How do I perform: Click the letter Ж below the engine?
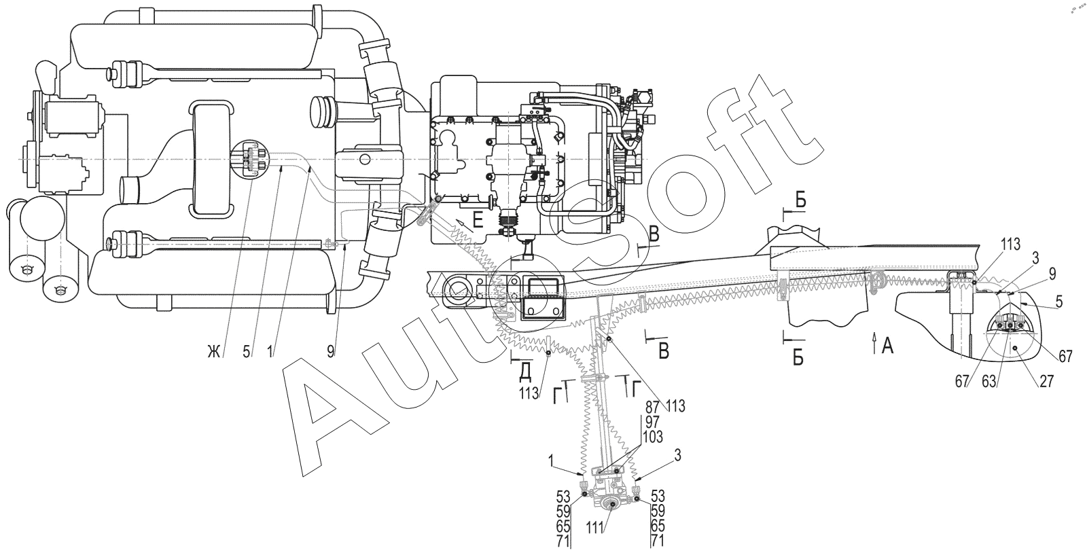click(x=213, y=352)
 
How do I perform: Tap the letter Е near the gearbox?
click(x=478, y=221)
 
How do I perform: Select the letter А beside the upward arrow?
click(x=887, y=346)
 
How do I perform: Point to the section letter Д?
click(x=524, y=373)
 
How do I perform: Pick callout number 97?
click(x=653, y=421)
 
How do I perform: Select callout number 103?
click(x=653, y=437)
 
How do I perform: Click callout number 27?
click(x=1047, y=381)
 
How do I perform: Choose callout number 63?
click(x=989, y=381)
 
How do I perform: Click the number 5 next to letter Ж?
click(x=247, y=352)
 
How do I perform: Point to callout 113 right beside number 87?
click(x=675, y=407)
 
